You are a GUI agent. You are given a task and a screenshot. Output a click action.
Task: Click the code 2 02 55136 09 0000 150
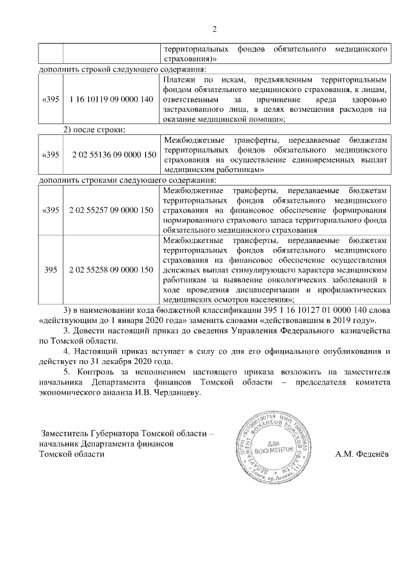point(111,154)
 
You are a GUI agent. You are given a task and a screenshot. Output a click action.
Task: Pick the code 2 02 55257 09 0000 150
point(111,210)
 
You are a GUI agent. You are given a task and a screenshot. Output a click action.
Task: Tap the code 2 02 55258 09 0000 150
point(111,270)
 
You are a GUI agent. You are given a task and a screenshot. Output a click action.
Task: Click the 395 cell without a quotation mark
point(51,270)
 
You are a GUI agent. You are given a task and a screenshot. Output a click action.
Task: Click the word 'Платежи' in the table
point(178,79)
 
